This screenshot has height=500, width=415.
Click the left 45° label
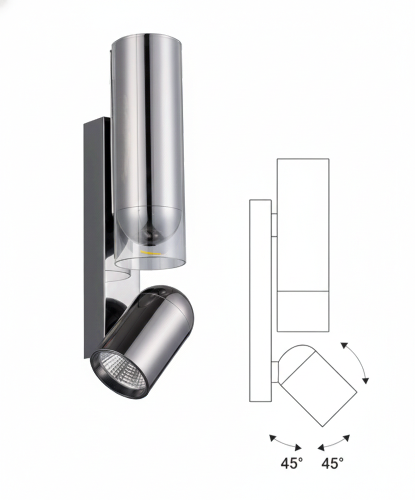(292, 463)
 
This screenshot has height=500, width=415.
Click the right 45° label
(332, 463)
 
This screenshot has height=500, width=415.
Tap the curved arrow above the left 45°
(285, 442)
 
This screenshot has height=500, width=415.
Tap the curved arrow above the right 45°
(334, 442)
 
